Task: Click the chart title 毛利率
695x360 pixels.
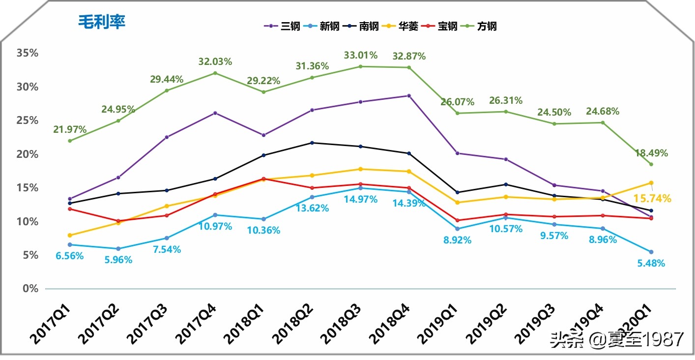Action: click(102, 22)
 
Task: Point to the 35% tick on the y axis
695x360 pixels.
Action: click(28, 53)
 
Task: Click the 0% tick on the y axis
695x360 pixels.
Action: click(30, 288)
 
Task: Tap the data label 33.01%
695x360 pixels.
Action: click(360, 55)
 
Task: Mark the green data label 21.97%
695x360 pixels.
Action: click(70, 130)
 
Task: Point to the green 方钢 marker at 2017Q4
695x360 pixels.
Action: click(215, 73)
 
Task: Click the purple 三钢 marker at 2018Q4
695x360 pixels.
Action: click(409, 95)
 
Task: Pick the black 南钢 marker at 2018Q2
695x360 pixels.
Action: click(312, 143)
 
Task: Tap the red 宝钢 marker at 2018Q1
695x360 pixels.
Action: click(263, 179)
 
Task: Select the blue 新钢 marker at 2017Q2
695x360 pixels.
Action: click(118, 249)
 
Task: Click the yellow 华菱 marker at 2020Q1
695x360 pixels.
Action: click(651, 182)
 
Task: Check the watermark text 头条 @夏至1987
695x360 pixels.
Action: click(617, 339)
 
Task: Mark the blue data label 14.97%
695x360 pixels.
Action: click(360, 199)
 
